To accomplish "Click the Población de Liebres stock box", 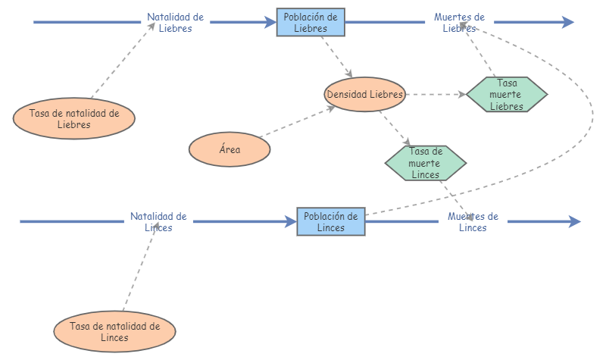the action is (x=311, y=23).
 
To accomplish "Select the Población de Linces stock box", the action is (x=331, y=221).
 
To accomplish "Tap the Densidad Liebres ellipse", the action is (x=365, y=94).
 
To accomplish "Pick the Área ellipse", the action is (x=230, y=149).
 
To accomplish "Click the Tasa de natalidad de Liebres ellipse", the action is (x=74, y=118).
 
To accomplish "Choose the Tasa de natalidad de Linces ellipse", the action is (x=115, y=331).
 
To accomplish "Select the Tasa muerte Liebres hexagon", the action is (x=507, y=94).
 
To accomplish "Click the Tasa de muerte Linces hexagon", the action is (x=426, y=163).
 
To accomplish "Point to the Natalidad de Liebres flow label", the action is (x=176, y=23).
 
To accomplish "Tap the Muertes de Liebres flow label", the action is (x=460, y=23).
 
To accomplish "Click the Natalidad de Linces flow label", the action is (x=158, y=221).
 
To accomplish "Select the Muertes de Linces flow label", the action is (x=473, y=221).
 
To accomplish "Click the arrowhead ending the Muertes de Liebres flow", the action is (x=568, y=22).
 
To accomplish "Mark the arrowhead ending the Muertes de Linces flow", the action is (x=575, y=221).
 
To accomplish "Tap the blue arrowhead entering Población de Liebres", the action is (x=270, y=22).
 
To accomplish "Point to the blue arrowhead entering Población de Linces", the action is (x=291, y=221).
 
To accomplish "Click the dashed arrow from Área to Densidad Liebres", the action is (x=297, y=122).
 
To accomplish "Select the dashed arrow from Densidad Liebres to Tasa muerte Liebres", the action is (x=436, y=94).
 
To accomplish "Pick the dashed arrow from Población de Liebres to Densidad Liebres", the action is (x=336, y=57).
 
